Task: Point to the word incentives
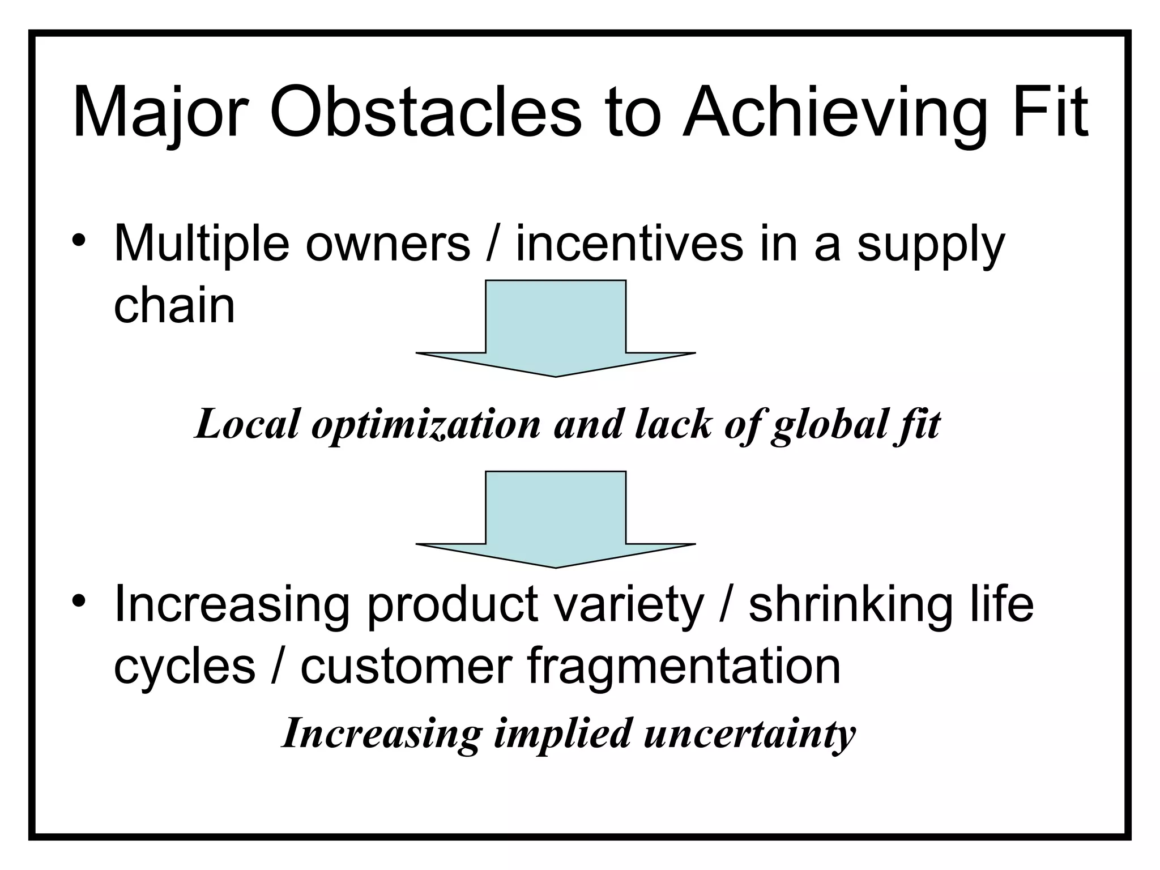pyautogui.click(x=629, y=244)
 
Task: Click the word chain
pyautogui.click(x=174, y=305)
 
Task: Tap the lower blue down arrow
pyautogui.click(x=556, y=518)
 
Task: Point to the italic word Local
pyautogui.click(x=246, y=424)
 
